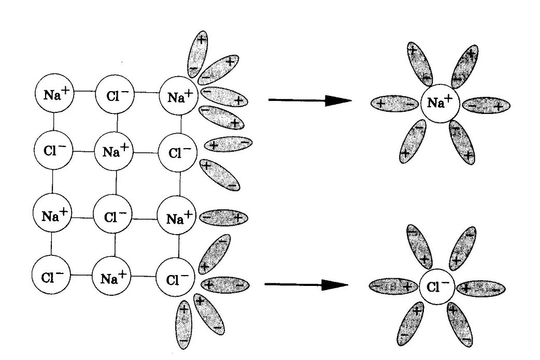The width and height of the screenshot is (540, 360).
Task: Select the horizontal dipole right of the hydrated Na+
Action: point(486,106)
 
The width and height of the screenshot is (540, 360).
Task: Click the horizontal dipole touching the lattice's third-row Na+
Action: point(223,218)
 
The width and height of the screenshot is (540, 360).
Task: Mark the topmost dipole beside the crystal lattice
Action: point(197,55)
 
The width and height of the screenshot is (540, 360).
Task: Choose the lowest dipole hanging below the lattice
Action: point(183,324)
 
